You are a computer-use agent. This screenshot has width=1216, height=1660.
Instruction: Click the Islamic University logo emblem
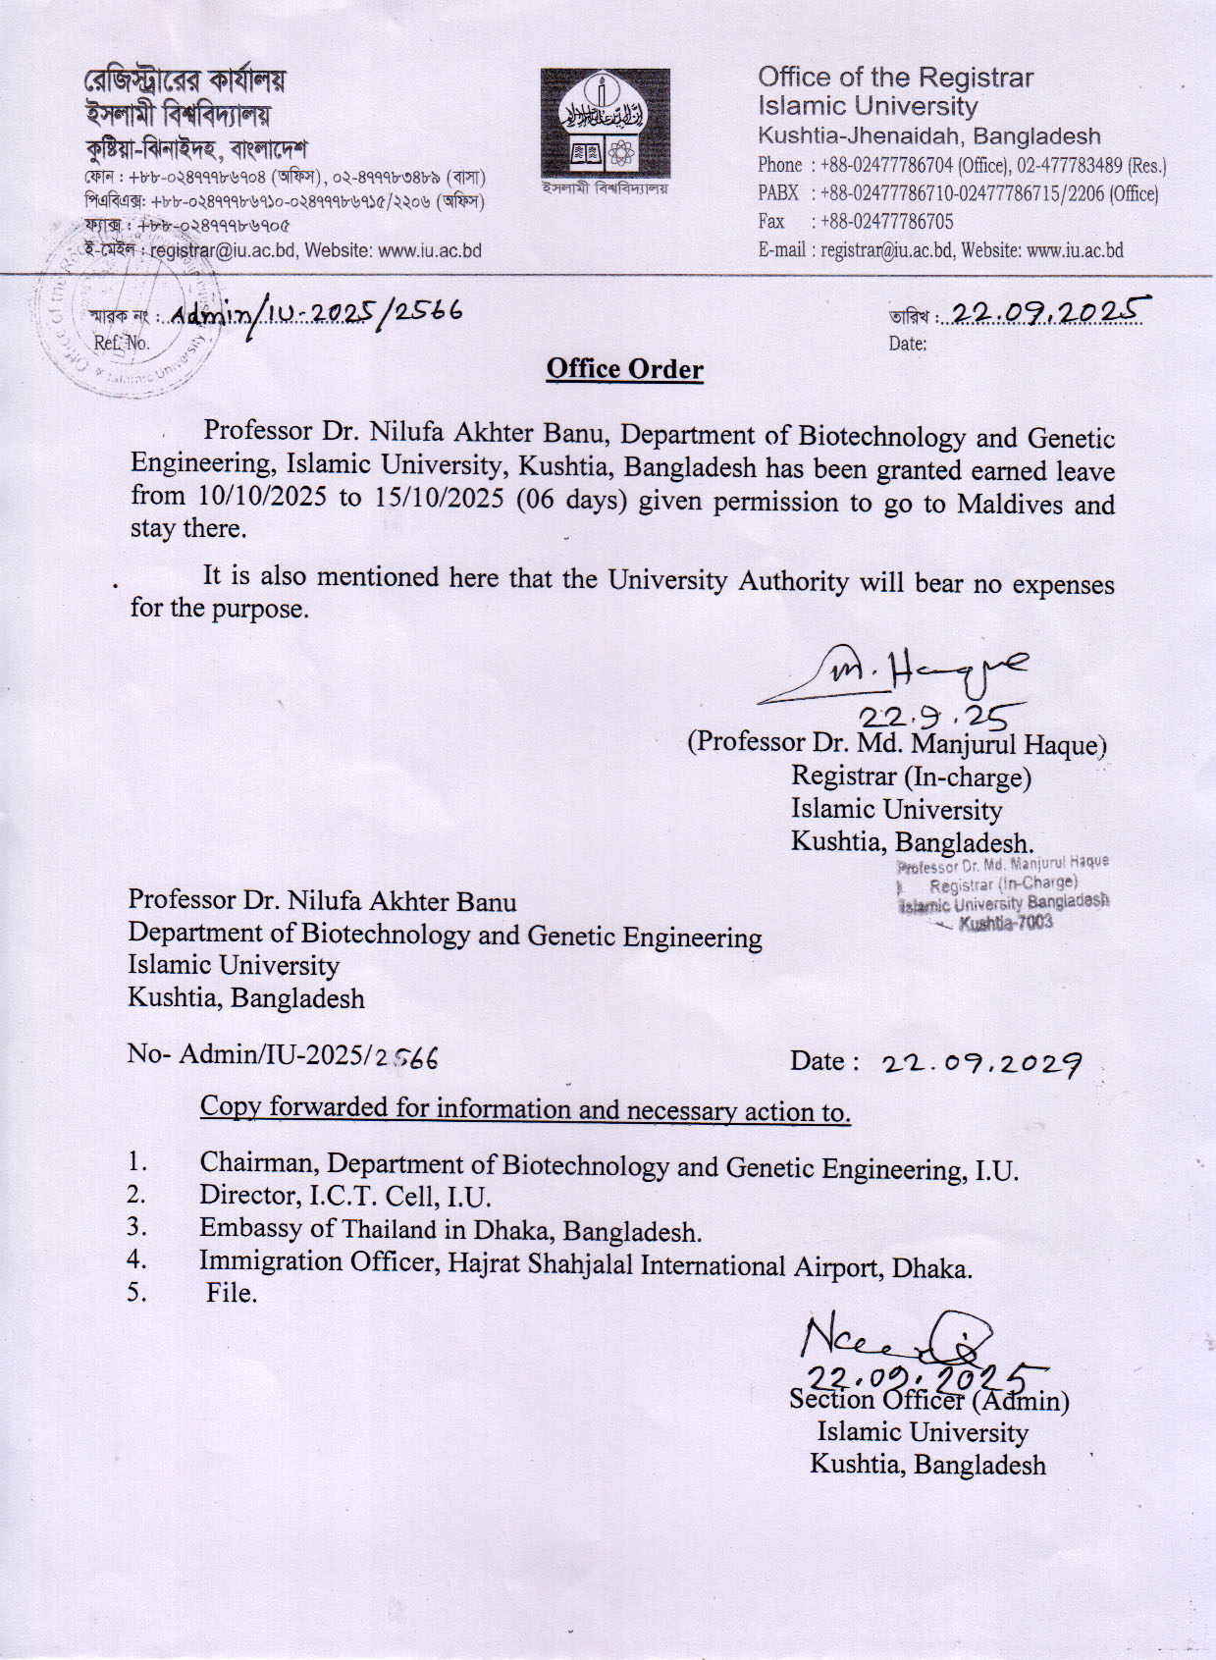(x=606, y=123)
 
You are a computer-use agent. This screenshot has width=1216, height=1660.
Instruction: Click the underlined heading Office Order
(x=625, y=369)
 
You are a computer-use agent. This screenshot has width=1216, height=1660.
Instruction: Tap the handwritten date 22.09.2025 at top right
(x=1047, y=312)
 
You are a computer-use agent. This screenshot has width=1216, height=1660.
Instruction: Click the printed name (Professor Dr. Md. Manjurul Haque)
(x=897, y=742)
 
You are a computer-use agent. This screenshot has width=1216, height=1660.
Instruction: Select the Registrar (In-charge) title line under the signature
(x=911, y=776)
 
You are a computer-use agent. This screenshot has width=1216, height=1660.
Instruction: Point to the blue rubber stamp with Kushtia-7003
(x=1003, y=893)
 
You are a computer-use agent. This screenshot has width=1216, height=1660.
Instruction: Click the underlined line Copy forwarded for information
(x=525, y=1109)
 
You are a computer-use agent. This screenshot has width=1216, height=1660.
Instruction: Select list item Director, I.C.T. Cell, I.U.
(x=344, y=1196)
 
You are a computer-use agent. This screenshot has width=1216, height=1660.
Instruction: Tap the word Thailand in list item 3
(x=389, y=1229)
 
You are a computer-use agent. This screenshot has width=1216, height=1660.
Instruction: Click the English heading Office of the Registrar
(x=895, y=78)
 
